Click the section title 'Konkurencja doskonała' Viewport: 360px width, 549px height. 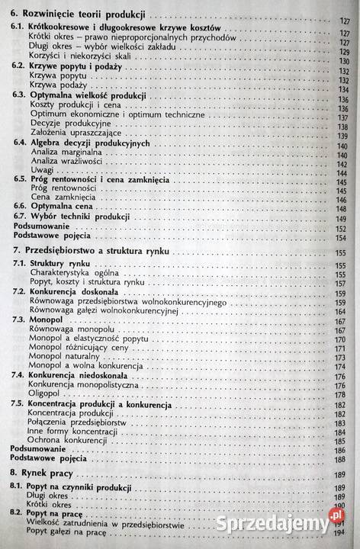click(x=72, y=292)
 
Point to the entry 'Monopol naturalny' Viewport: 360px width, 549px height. click(x=64, y=355)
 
